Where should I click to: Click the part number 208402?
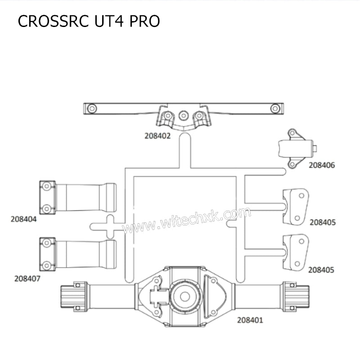pos(157,135)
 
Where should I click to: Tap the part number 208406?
pos(322,165)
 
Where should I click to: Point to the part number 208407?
pos(27,279)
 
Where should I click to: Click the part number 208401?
pos(250,320)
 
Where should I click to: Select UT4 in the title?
pos(105,21)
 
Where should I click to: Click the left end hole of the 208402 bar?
pos(92,108)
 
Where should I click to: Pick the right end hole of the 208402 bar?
pos(274,108)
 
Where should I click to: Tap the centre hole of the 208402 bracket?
pos(183,115)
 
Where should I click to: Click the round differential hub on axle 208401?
pos(184,296)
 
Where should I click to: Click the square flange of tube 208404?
pos(47,198)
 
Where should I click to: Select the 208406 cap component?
pos(294,148)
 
